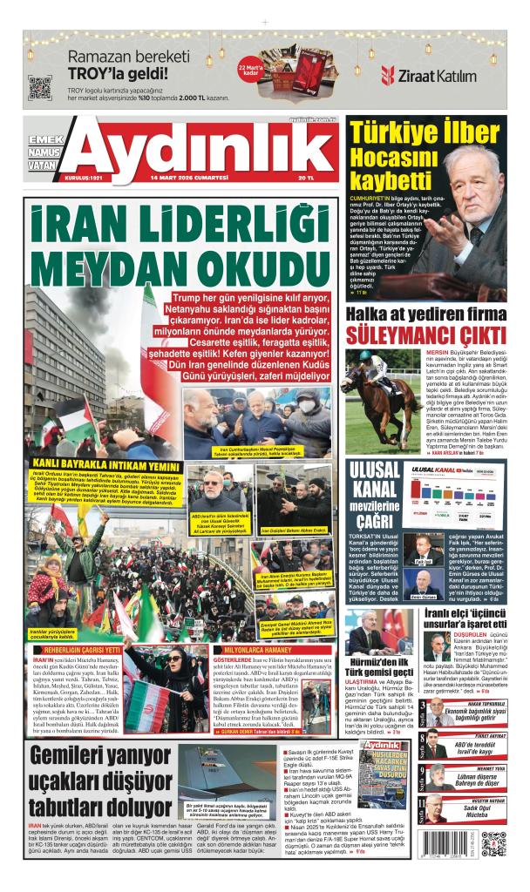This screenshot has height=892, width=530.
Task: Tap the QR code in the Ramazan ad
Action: (x=36, y=87)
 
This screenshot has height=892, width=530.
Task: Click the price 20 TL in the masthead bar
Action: (x=305, y=178)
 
